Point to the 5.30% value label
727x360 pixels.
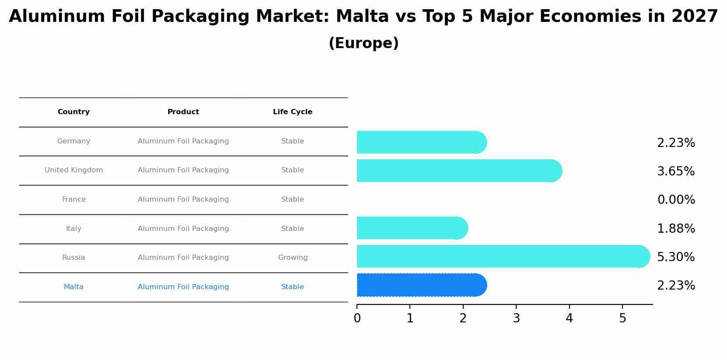tap(676, 257)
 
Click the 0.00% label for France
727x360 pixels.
tap(676, 200)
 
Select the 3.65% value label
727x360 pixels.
tap(676, 171)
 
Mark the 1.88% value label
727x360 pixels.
tap(676, 229)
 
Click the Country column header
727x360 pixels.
tap(73, 112)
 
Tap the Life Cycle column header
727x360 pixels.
tap(293, 112)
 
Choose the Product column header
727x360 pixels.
tap(183, 112)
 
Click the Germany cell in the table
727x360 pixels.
tap(73, 141)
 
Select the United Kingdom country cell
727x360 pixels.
tap(73, 170)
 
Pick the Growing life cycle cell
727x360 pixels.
tap(293, 258)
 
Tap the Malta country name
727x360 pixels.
tap(73, 287)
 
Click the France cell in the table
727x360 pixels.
tap(73, 199)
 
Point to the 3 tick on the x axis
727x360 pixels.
tap(516, 318)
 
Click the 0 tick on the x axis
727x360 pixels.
tap(357, 318)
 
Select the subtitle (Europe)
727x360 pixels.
tap(363, 43)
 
